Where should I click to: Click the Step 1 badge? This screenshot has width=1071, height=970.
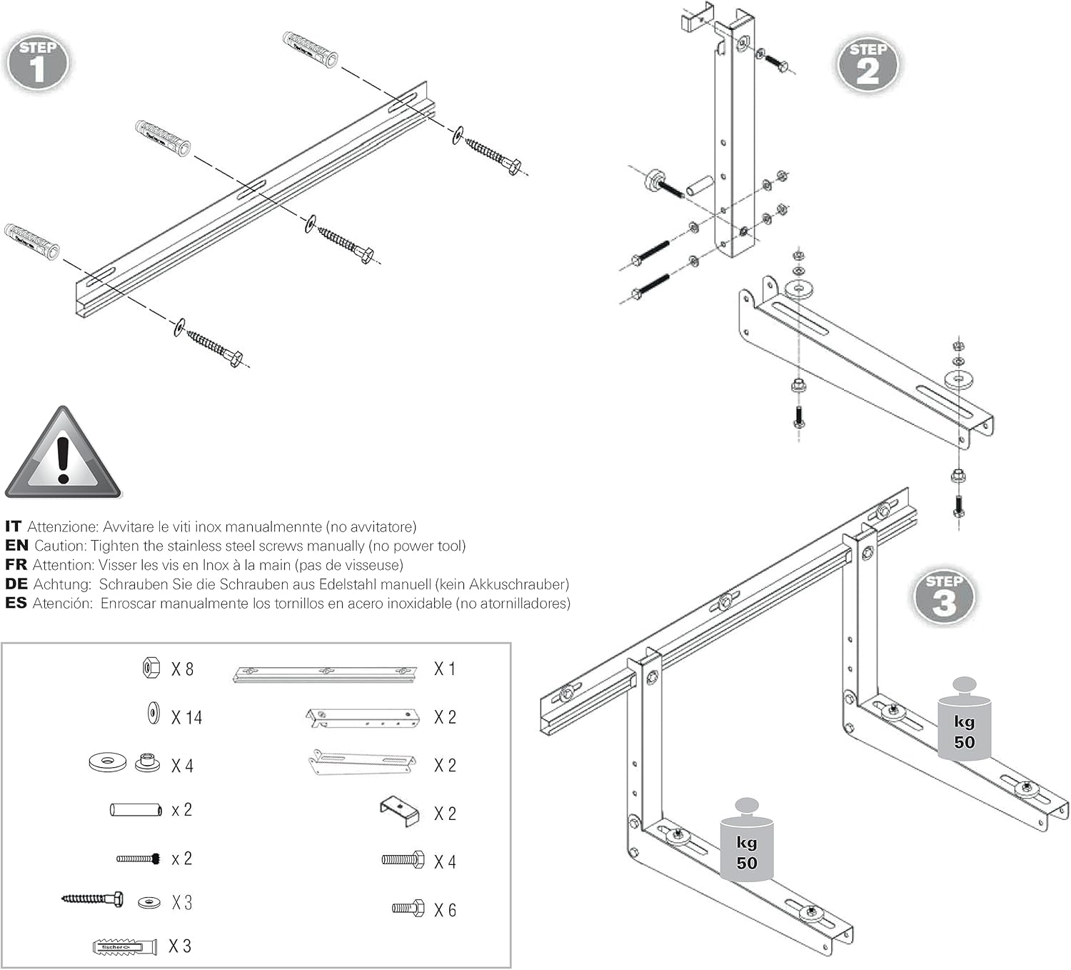click(x=38, y=63)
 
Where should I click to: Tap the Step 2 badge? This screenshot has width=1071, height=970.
click(x=868, y=65)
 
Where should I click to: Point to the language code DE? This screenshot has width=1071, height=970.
click(x=16, y=584)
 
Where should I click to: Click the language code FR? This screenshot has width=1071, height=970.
click(x=16, y=565)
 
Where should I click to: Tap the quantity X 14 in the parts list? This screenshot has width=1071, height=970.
click(x=186, y=717)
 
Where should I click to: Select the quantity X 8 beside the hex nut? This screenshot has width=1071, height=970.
click(x=182, y=669)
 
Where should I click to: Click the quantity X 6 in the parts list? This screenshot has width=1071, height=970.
click(x=445, y=910)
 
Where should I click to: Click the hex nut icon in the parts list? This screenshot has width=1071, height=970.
click(x=151, y=668)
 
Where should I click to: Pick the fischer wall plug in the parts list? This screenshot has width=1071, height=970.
click(x=124, y=947)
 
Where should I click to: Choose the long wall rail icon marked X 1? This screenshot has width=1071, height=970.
click(x=325, y=673)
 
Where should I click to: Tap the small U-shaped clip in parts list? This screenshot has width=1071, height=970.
click(x=399, y=811)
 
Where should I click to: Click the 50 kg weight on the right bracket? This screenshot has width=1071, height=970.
click(x=964, y=721)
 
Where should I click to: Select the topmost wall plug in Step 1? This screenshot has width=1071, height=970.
click(x=310, y=49)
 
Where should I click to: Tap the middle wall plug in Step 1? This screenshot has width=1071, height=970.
click(x=163, y=138)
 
